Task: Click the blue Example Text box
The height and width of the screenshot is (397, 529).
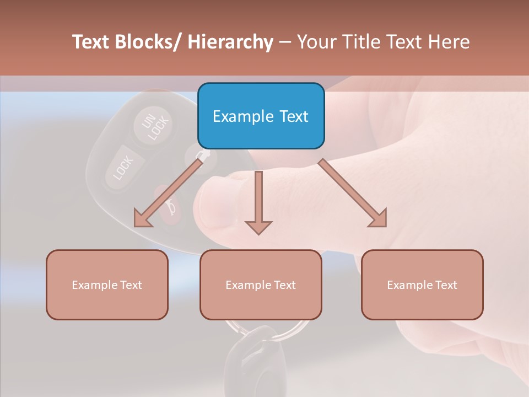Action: tap(261, 116)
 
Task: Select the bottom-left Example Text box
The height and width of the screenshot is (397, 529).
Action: tap(107, 285)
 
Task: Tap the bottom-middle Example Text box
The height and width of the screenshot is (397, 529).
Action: tap(261, 285)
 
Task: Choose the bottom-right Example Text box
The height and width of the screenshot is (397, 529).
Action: tap(422, 285)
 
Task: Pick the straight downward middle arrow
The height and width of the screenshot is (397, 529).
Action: tap(258, 202)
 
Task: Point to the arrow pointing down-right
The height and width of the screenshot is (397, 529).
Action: tap(353, 193)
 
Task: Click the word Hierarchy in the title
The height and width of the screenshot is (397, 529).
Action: tap(230, 42)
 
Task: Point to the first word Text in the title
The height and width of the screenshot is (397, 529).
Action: tap(90, 42)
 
